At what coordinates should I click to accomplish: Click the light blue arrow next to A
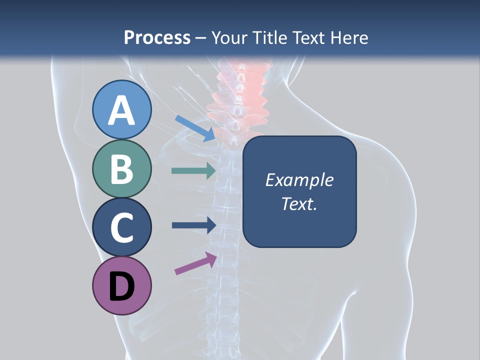pos(195,128)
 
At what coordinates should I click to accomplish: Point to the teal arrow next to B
pos(193,171)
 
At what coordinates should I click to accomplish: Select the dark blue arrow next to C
pos(193,225)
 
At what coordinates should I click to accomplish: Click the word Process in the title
pos(157,37)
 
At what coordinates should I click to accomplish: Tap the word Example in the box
pos(299,180)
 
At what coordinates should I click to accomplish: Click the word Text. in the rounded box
pos(299,204)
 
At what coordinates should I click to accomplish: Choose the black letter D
pos(122,287)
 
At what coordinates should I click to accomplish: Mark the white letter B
pos(122,169)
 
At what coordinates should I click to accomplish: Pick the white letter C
pos(122,227)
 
